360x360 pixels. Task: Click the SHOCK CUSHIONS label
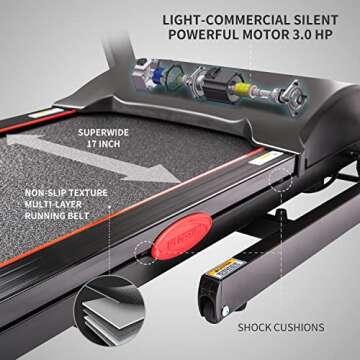pyautogui.click(x=281, y=326)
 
